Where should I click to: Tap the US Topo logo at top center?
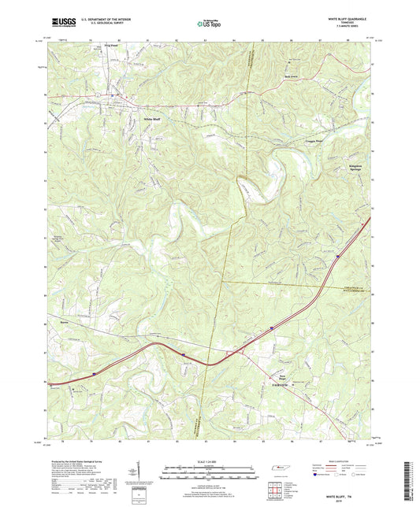(209, 24)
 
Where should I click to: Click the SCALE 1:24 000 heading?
(209, 461)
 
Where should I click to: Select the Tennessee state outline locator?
(280, 470)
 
